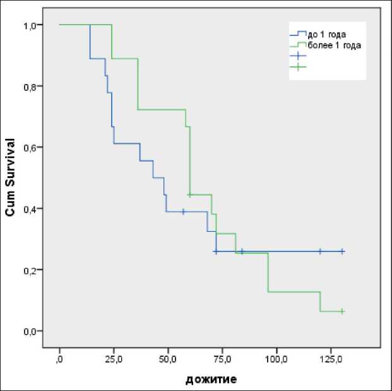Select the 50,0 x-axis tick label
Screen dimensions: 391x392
[x=168, y=359]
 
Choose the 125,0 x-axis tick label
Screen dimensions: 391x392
[x=331, y=359]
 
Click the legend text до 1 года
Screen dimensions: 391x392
[x=327, y=34]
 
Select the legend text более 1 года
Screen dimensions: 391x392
[x=334, y=45]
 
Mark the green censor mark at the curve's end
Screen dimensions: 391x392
[x=342, y=311]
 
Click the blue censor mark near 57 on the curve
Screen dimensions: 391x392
[x=183, y=212]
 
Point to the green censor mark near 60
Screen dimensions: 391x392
[x=189, y=195]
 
